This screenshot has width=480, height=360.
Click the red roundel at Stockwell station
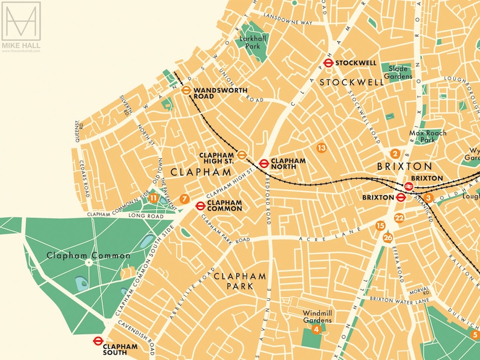click(x=328, y=62)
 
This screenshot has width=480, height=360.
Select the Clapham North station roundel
click(x=264, y=162)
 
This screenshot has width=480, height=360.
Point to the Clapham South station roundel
click(x=97, y=341)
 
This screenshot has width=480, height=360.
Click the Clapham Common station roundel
click(x=200, y=205)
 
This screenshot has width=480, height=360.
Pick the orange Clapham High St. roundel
click(x=241, y=155)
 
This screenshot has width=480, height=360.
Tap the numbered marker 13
click(x=322, y=147)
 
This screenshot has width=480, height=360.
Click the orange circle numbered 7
click(x=184, y=199)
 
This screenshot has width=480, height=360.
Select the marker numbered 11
click(x=154, y=198)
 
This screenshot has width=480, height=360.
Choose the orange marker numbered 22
click(x=399, y=218)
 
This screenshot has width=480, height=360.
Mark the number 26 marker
click(x=388, y=237)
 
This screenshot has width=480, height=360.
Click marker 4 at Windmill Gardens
click(x=316, y=329)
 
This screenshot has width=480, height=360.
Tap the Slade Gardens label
click(x=400, y=72)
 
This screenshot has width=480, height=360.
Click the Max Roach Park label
click(x=428, y=137)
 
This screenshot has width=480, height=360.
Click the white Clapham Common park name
click(x=88, y=256)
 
